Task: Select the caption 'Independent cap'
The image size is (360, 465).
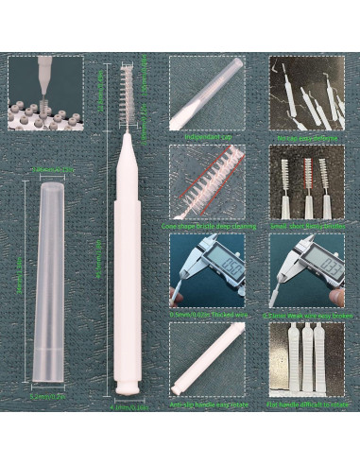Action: coord(207,136)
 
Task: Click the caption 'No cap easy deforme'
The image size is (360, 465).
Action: coord(304,136)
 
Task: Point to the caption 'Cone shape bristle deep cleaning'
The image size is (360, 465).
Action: coord(207,225)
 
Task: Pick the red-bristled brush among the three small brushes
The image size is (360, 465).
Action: coord(307,180)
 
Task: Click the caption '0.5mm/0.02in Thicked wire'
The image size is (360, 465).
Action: coord(207,315)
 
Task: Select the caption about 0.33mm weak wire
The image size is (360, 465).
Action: coord(304,315)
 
